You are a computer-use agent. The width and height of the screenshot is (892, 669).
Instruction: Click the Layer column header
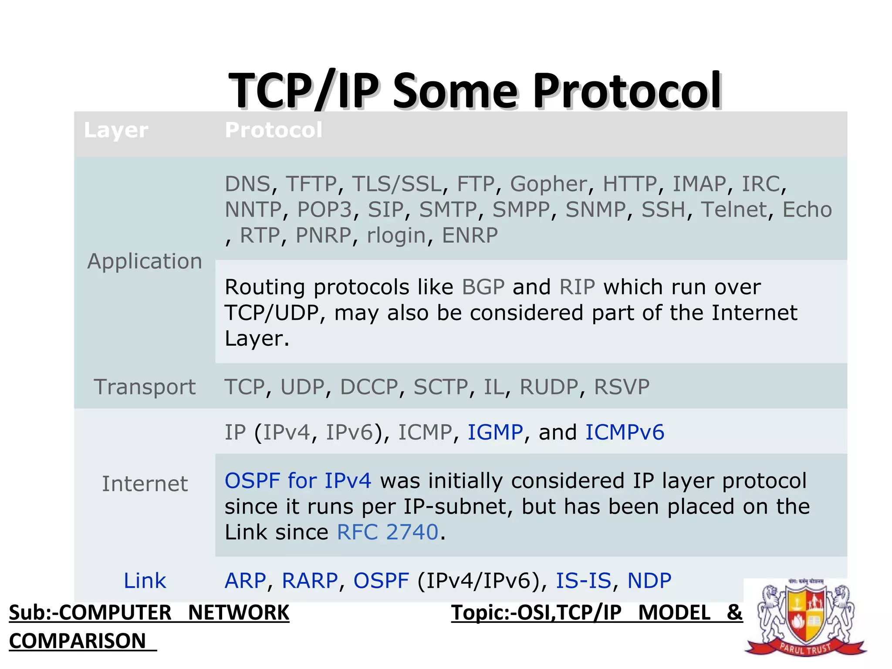pyautogui.click(x=116, y=130)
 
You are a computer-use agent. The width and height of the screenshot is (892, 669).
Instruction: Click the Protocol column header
pyautogui.click(x=274, y=130)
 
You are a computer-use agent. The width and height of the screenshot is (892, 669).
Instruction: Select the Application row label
pyautogui.click(x=145, y=261)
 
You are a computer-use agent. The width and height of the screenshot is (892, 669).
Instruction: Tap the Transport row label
pyautogui.click(x=145, y=387)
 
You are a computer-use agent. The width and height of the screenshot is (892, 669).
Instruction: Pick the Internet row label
pyautogui.click(x=145, y=484)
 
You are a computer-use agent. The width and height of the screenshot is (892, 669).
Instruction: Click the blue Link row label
pyautogui.click(x=145, y=581)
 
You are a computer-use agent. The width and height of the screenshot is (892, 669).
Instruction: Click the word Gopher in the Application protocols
pyautogui.click(x=548, y=184)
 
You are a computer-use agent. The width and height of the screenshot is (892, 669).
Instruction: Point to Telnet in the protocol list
pyautogui.click(x=733, y=210)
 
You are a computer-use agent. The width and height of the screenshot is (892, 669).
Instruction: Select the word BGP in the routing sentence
pyautogui.click(x=483, y=287)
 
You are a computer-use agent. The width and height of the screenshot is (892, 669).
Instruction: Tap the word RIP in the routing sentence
pyautogui.click(x=577, y=287)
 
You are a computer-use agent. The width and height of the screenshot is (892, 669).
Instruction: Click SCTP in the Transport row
pyautogui.click(x=441, y=387)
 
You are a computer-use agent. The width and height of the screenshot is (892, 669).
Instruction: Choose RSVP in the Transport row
pyautogui.click(x=622, y=387)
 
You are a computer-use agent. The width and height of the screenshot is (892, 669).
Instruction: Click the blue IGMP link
pyautogui.click(x=495, y=432)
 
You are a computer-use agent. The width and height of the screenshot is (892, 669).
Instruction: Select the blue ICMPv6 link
pyautogui.click(x=625, y=432)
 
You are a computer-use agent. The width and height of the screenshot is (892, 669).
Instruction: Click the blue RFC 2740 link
pyautogui.click(x=388, y=532)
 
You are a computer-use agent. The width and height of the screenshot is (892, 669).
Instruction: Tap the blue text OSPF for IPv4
pyautogui.click(x=298, y=481)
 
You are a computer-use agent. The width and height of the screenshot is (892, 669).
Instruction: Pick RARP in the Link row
pyautogui.click(x=310, y=581)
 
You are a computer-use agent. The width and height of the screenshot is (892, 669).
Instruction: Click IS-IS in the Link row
pyautogui.click(x=583, y=581)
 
